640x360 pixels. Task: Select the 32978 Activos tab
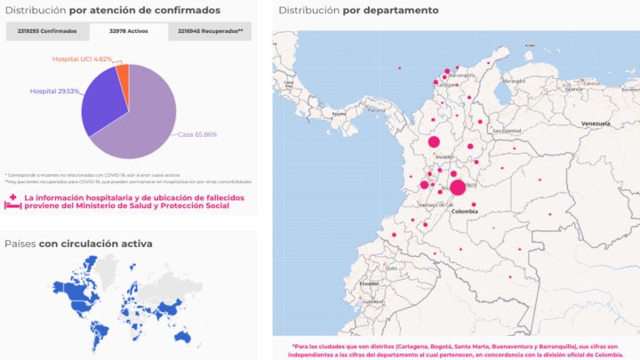pos(129,31)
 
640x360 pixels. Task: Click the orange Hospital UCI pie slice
pos(124,75)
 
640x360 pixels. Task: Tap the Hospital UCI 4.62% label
pos(81,59)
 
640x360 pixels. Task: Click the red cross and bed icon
pos(12,202)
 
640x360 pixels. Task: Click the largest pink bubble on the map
pos(458,188)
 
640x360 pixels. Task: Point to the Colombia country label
pos(464,212)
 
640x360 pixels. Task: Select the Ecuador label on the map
pos(369,283)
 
